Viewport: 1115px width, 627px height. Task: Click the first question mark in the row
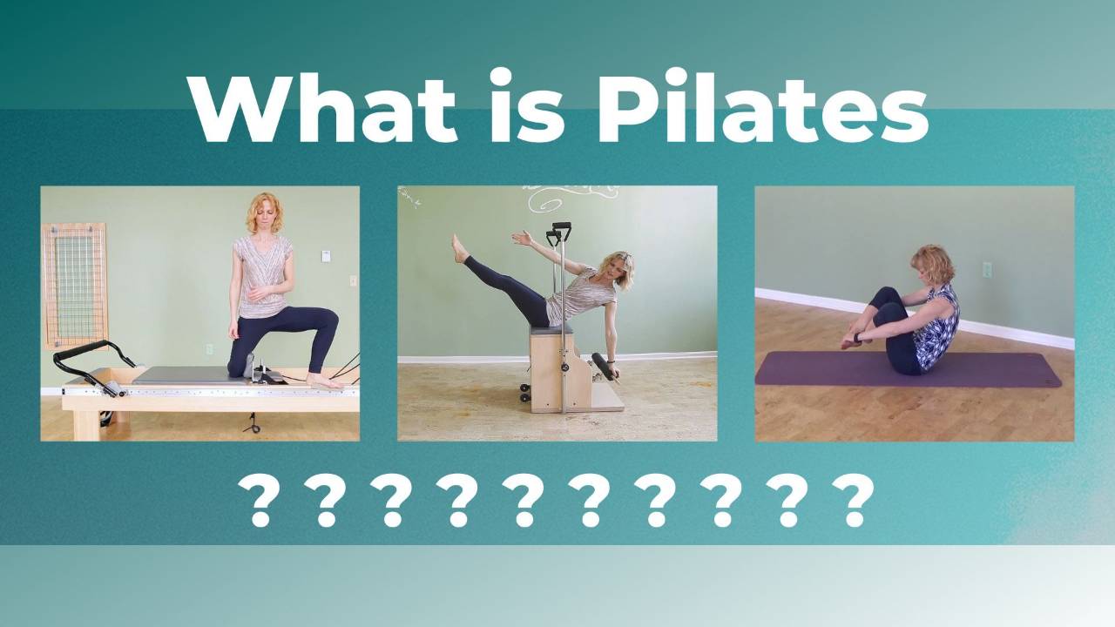(260, 501)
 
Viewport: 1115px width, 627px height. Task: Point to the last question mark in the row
(854, 501)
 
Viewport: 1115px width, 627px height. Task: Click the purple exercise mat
(907, 370)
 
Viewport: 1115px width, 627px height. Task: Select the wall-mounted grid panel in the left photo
(75, 286)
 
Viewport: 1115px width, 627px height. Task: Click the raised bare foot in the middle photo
(458, 249)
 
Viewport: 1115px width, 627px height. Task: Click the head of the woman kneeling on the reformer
(265, 213)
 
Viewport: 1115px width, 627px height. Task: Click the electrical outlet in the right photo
(987, 270)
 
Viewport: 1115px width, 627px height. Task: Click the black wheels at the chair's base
(524, 393)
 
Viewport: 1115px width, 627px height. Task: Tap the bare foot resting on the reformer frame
(324, 381)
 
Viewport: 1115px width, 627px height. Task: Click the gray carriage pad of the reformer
(192, 374)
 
